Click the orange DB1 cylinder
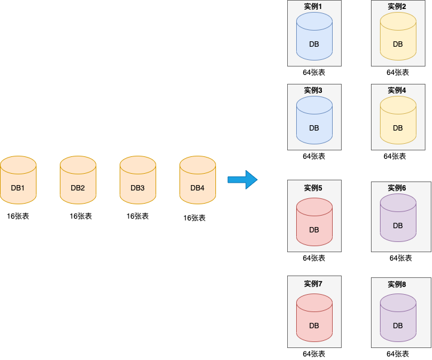[18, 180]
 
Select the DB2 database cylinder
[78, 180]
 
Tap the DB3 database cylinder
[138, 180]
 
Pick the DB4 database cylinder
[197, 180]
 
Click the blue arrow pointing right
[242, 179]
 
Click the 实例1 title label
[314, 7]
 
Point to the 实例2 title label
[397, 7]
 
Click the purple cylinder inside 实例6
[398, 218]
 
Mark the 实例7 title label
[314, 283]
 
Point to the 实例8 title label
[397, 285]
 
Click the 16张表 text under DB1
[18, 216]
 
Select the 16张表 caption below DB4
[194, 218]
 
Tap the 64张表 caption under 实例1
[314, 72]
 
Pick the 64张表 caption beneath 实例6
[401, 258]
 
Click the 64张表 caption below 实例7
[314, 354]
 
